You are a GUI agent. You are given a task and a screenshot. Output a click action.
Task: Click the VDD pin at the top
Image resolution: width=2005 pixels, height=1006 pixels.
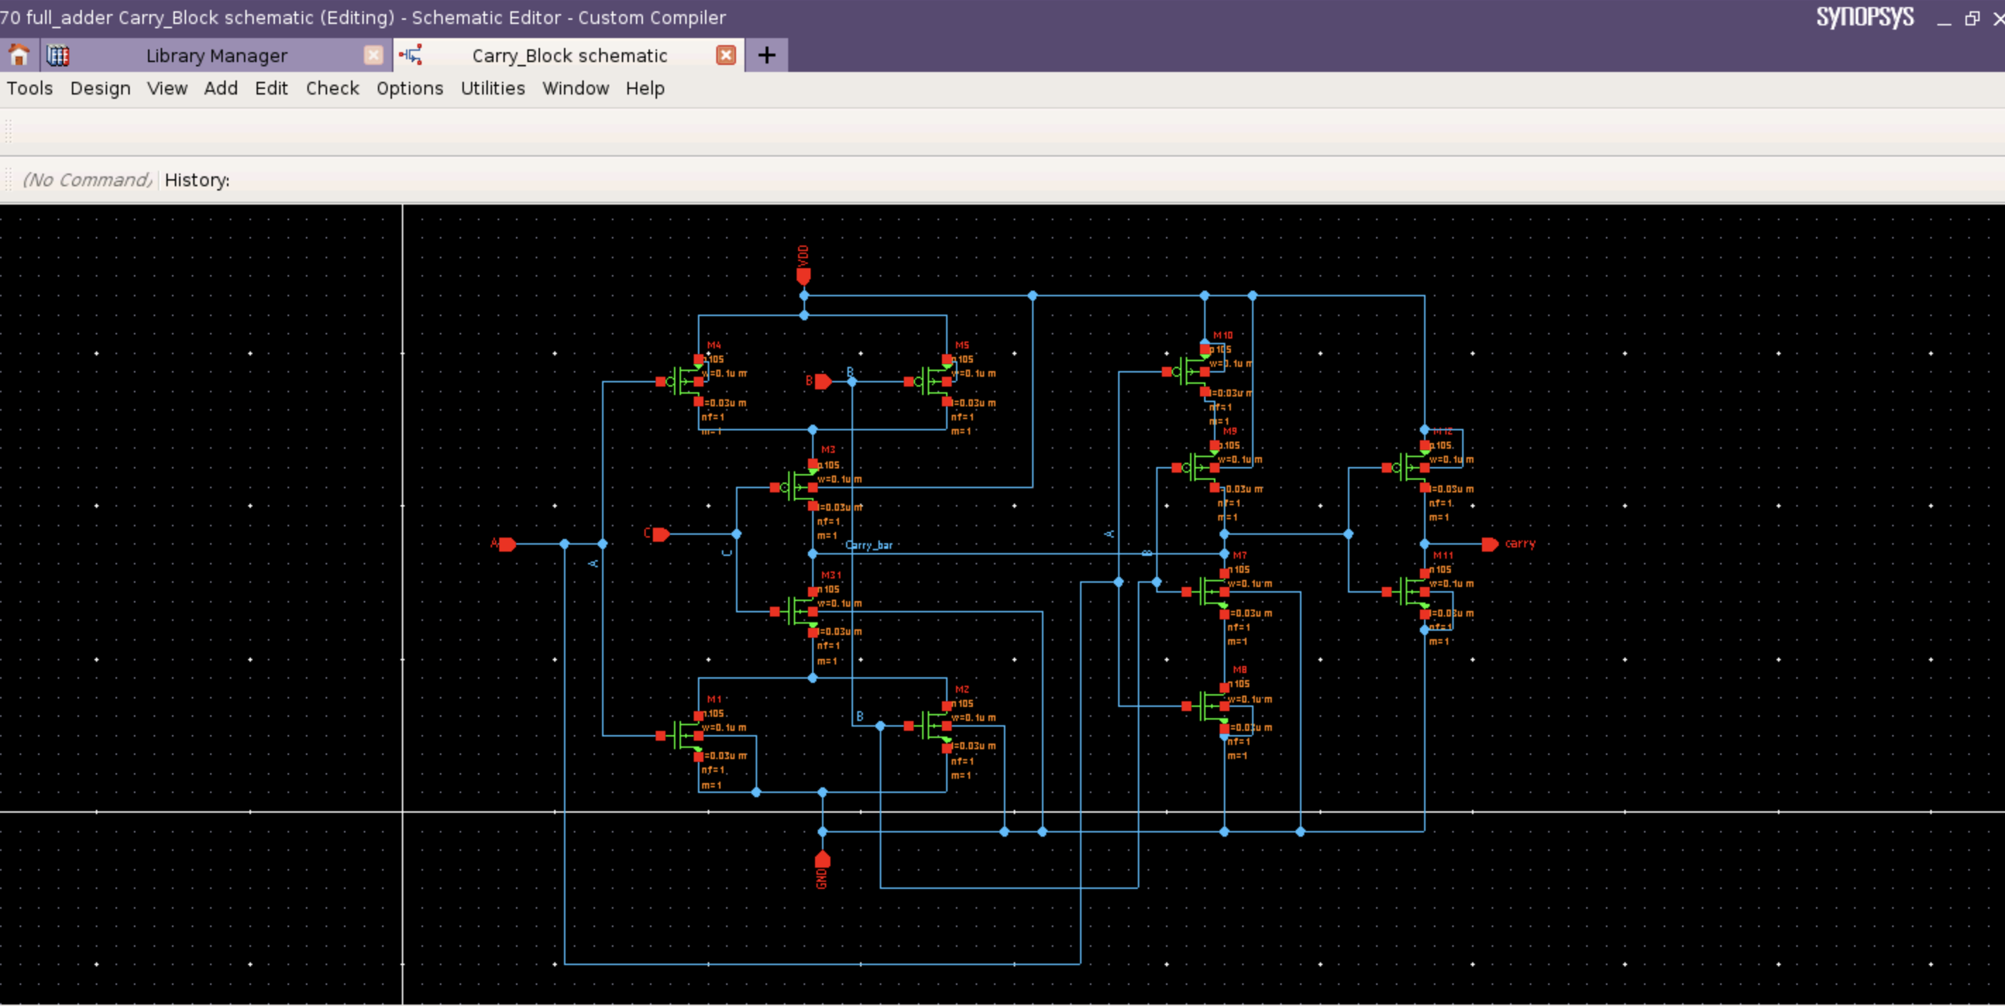tap(803, 276)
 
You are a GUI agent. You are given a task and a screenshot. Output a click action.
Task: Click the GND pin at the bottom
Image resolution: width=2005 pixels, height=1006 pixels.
tap(822, 860)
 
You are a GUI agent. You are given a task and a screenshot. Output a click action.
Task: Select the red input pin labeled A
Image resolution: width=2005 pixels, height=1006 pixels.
tap(507, 543)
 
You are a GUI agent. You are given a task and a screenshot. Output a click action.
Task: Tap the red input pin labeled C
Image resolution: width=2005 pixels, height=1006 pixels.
tap(661, 534)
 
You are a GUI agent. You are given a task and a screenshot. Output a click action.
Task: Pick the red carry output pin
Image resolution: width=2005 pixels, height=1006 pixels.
tap(1490, 543)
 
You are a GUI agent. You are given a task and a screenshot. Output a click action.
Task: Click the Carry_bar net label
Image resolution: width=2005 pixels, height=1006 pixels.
tap(869, 545)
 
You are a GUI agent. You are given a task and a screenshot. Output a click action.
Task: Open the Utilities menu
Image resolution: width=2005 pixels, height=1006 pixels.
tap(493, 88)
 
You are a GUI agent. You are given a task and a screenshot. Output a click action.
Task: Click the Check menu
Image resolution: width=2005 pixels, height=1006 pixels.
tap(332, 88)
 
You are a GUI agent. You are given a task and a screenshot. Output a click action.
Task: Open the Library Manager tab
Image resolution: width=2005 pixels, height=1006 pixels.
tap(216, 55)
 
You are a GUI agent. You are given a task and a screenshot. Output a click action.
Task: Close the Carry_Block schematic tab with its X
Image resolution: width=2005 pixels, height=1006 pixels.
tap(725, 55)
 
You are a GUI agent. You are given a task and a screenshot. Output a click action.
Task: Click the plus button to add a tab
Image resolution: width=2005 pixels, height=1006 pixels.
tap(766, 55)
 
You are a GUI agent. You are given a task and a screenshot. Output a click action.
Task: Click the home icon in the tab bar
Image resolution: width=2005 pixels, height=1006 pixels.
tap(18, 55)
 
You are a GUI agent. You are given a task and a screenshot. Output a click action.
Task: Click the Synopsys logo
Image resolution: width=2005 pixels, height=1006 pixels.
tap(1865, 17)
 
